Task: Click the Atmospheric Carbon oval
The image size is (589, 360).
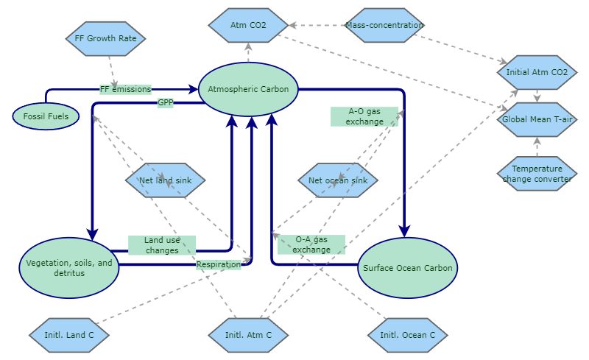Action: point(248,89)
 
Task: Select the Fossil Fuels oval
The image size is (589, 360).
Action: point(46,116)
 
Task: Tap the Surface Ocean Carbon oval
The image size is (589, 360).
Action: point(408,268)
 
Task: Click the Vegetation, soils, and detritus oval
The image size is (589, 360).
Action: point(69,268)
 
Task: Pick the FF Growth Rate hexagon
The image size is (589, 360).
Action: point(106,38)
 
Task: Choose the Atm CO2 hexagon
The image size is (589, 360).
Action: point(248,26)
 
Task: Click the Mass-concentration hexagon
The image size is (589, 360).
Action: point(384,26)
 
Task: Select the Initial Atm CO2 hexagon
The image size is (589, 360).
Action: point(537,73)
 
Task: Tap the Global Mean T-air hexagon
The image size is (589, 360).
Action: point(537,120)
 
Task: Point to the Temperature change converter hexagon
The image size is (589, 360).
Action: point(537,174)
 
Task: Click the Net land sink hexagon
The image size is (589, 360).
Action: point(165,180)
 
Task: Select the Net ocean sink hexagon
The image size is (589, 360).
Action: point(338,180)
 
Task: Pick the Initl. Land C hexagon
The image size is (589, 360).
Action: point(69,336)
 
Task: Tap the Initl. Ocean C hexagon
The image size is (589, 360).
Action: point(407,336)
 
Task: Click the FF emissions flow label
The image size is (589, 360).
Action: point(125,89)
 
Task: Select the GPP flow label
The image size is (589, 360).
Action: point(165,102)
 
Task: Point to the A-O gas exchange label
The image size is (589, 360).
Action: point(364,116)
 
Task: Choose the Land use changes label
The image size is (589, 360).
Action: point(161,245)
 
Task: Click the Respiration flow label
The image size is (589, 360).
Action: point(218,264)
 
